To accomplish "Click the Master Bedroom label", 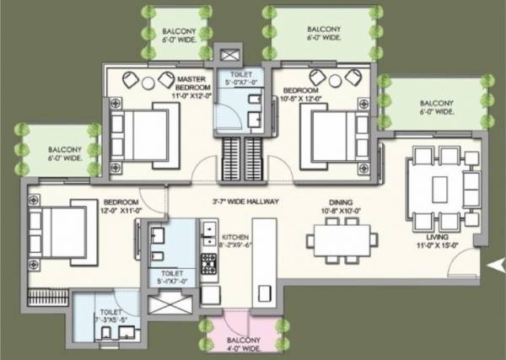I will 191,87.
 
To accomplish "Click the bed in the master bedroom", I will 143,131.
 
